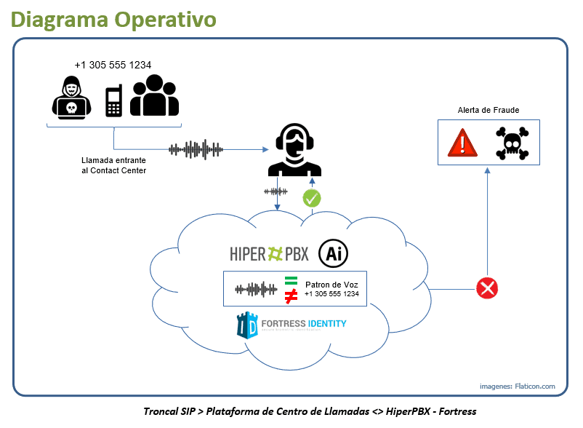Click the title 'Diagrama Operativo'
[x=113, y=19]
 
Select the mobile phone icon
[x=113, y=100]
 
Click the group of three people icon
[x=154, y=95]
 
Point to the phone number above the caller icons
[x=113, y=65]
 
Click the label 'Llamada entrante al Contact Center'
[x=113, y=165]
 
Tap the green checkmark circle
[x=312, y=197]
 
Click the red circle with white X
[x=486, y=288]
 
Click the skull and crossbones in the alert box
[x=512, y=143]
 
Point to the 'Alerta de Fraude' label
[x=488, y=110]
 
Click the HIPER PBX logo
[x=268, y=253]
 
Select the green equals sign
[x=291, y=281]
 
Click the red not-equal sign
[x=291, y=296]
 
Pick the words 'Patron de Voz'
[x=332, y=283]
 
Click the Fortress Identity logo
[x=291, y=325]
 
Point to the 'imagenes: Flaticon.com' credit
[x=517, y=386]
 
